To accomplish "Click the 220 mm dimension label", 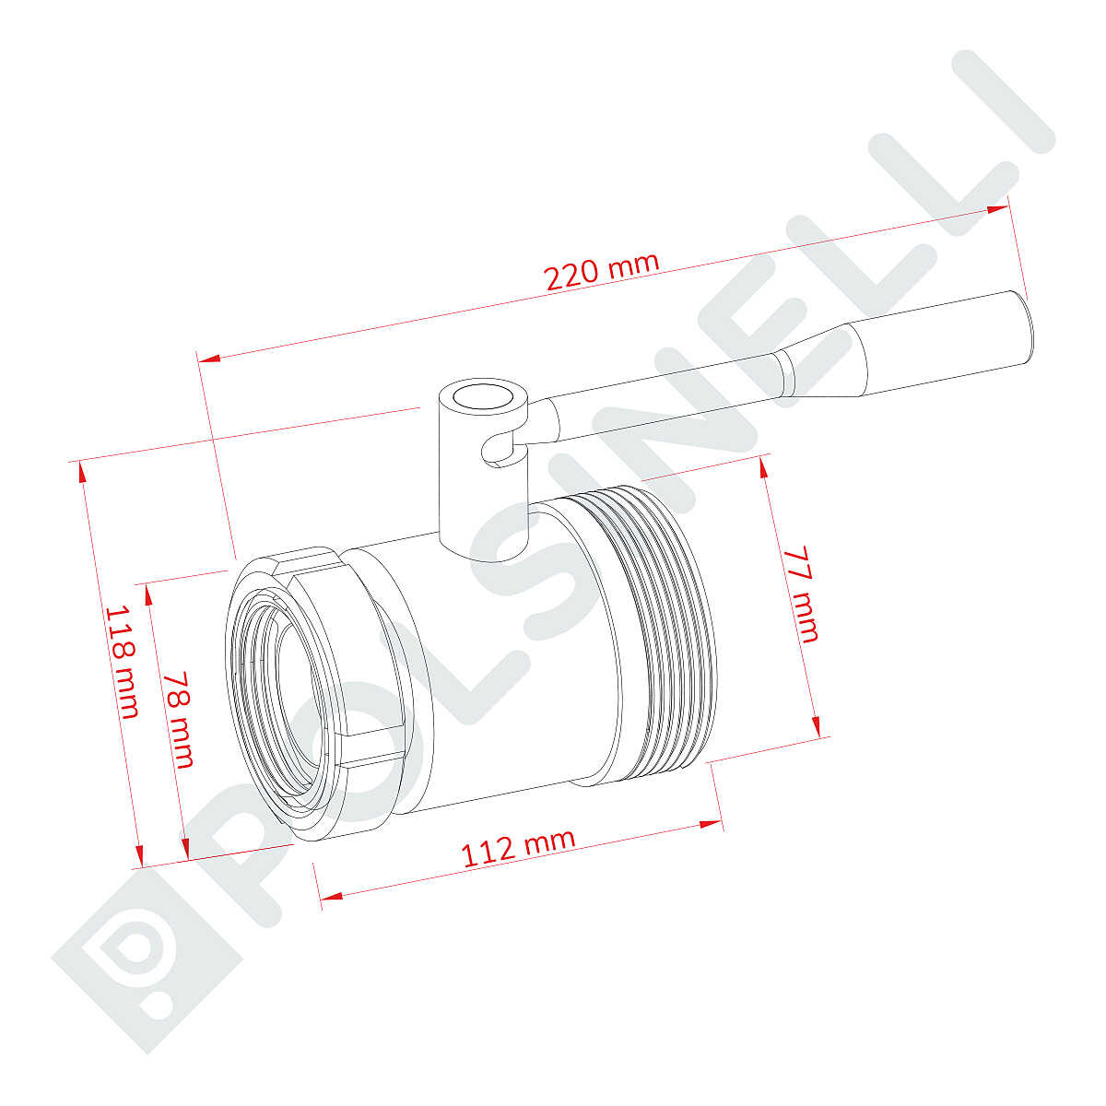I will [602, 272].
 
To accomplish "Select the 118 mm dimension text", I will [123, 662].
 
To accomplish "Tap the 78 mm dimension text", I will [180, 718].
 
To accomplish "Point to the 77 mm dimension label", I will [801, 594].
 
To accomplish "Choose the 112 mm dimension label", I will [518, 846].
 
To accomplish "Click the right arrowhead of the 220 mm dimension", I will [998, 209].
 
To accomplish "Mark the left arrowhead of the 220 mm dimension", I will [209, 359].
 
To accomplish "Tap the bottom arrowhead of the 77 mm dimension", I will [815, 724].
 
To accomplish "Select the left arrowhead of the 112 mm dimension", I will [329, 894].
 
